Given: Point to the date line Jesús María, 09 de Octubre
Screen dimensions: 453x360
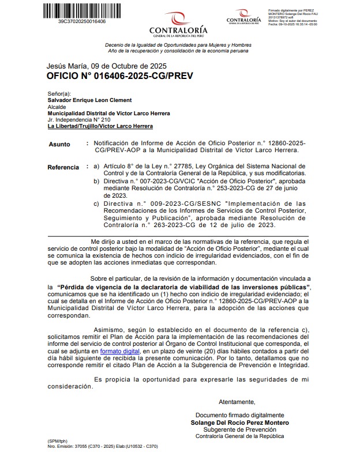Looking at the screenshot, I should [107, 66].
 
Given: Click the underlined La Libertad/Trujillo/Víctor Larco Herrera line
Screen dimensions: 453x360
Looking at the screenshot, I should [100, 126].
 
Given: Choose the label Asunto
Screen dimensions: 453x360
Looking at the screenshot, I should [59, 145].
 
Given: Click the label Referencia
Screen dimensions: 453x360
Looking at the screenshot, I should [63, 168].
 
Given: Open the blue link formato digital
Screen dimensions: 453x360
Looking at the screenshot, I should [119, 350].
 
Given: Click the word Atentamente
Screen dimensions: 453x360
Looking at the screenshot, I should [237, 402].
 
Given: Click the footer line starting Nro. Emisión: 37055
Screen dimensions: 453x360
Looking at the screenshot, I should [103, 447].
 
